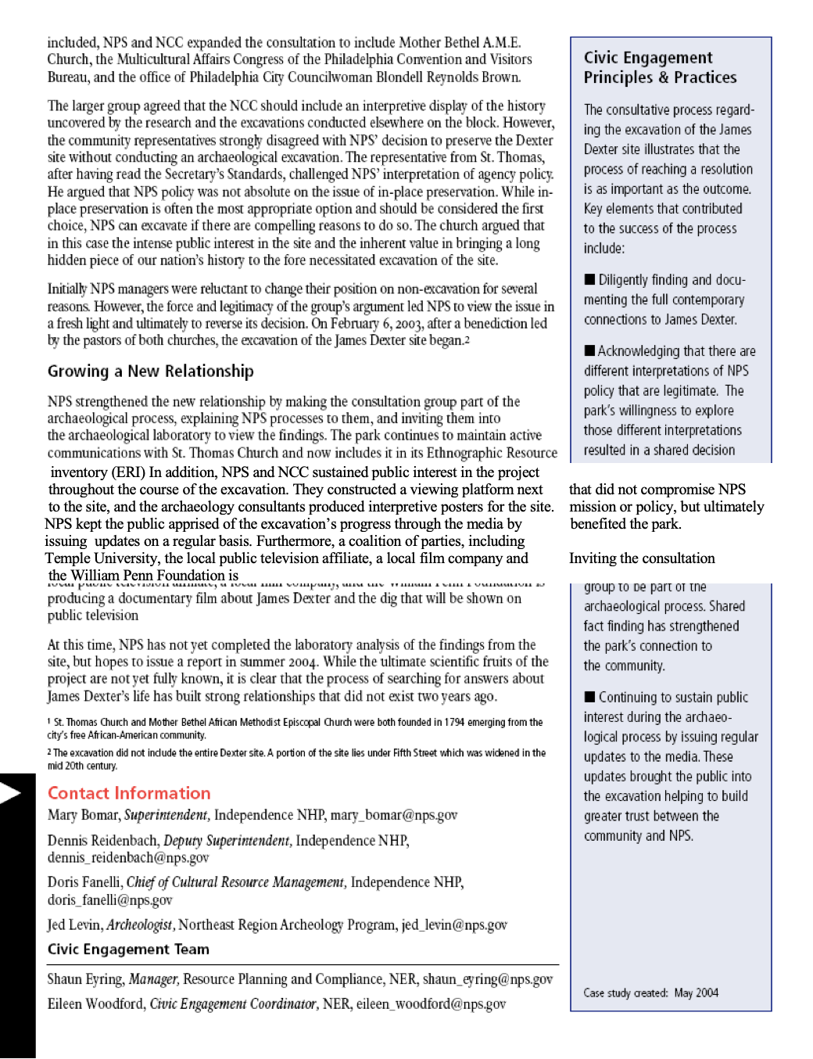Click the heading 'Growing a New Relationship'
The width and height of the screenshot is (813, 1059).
pyautogui.click(x=150, y=372)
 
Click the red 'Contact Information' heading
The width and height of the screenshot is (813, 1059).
pyautogui.click(x=129, y=793)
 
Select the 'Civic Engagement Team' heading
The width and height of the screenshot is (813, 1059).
pyautogui.click(x=128, y=950)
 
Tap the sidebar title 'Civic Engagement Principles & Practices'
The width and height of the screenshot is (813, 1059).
pyautogui.click(x=660, y=67)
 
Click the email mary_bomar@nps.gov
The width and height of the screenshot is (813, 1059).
pyautogui.click(x=393, y=815)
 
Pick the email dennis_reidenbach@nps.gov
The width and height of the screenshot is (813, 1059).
pyautogui.click(x=128, y=858)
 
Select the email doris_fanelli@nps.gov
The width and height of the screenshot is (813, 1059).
pyautogui.click(x=109, y=900)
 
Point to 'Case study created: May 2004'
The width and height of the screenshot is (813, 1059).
pyautogui.click(x=650, y=993)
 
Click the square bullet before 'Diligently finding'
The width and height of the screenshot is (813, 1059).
pyautogui.click(x=589, y=280)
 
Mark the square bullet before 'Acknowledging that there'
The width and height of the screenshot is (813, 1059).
pyautogui.click(x=589, y=351)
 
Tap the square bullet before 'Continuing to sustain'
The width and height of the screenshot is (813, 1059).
pyautogui.click(x=589, y=697)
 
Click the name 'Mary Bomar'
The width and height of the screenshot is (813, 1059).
pyautogui.click(x=83, y=815)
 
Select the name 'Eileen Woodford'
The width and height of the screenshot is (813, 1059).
pyautogui.click(x=95, y=1004)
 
